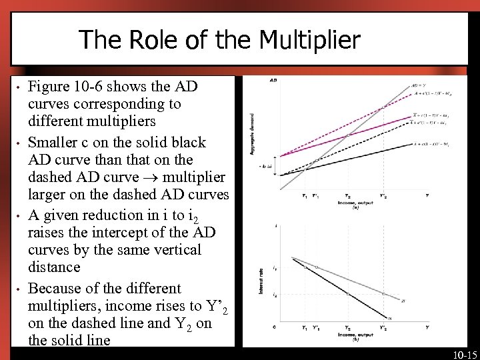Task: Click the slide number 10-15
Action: pos(464,354)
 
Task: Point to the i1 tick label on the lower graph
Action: pos(276,268)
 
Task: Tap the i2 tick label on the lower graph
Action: pos(276,294)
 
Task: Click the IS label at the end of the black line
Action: pos(390,319)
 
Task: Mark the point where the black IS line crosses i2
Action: pos(347,293)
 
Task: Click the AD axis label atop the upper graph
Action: pos(273,81)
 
